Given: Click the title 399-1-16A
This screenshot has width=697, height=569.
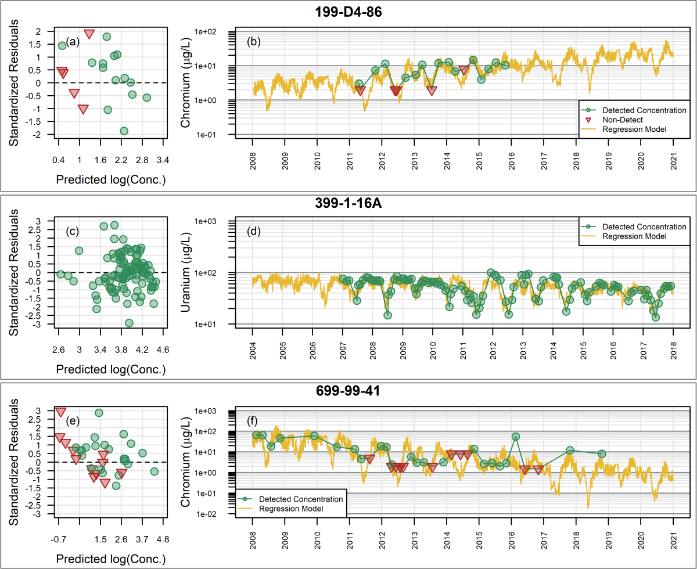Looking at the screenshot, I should click(x=348, y=203).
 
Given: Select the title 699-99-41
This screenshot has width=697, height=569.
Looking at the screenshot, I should click(x=348, y=391).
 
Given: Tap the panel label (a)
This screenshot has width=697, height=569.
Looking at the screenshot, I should click(x=73, y=41).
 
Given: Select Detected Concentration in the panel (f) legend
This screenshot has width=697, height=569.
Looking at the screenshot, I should click(x=301, y=499).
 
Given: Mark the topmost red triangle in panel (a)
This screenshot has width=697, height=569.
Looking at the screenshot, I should click(x=89, y=34).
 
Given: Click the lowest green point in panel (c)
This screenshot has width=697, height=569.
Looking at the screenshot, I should click(x=129, y=323).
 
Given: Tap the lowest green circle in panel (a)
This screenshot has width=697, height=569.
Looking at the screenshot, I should click(x=124, y=131).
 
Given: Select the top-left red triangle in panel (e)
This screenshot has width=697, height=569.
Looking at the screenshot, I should click(x=60, y=412).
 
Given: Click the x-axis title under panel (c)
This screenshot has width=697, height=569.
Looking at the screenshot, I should click(x=110, y=369).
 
